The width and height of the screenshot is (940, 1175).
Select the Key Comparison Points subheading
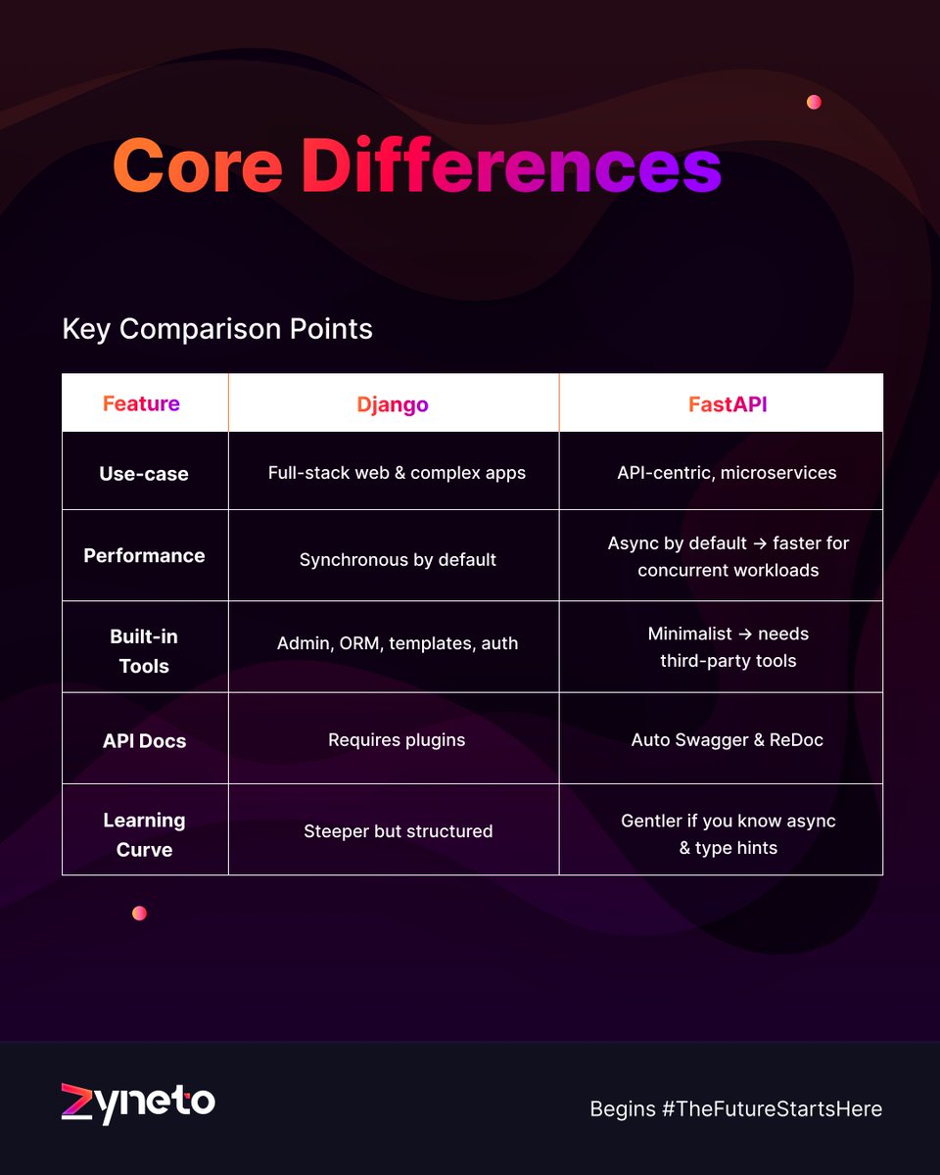click(217, 328)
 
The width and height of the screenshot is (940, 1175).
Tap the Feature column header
click(142, 403)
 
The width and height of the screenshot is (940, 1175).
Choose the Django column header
click(392, 404)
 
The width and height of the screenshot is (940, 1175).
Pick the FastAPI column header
click(727, 404)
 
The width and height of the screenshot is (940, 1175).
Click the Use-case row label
click(144, 474)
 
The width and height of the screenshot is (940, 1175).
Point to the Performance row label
click(144, 555)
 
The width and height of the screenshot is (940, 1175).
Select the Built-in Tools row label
click(144, 651)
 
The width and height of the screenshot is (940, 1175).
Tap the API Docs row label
click(144, 740)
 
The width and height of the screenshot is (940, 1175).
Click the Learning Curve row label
click(144, 834)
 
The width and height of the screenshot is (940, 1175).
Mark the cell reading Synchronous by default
click(398, 559)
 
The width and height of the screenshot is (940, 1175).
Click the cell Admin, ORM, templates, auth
click(398, 643)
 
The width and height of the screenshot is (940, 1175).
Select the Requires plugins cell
click(397, 739)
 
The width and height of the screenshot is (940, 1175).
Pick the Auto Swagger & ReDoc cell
click(727, 739)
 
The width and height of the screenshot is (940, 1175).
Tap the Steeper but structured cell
click(398, 831)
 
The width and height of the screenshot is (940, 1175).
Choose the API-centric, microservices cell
click(727, 472)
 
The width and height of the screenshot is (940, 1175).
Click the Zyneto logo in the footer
click(137, 1103)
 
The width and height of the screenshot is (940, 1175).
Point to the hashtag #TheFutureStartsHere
click(772, 1108)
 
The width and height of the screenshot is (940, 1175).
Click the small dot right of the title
click(814, 102)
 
